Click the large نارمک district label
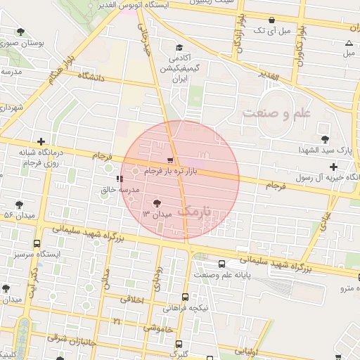pos(195,210)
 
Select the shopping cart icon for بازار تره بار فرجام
pos(171,160)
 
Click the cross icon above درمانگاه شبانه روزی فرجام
pos(41,141)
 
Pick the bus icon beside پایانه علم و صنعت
pos(222,264)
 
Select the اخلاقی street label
pos(134,300)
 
